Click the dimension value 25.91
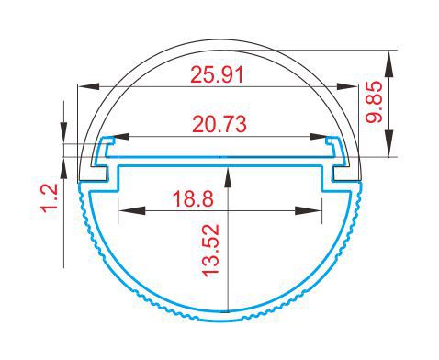coord(217,75)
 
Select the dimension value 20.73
coord(219,124)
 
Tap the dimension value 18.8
coord(193,198)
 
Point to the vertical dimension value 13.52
coord(211,251)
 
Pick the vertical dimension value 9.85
coord(374,102)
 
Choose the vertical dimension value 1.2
coord(50,197)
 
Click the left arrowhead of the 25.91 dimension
coord(89,86)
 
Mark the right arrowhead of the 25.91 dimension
coord(347,86)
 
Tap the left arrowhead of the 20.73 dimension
coord(118,137)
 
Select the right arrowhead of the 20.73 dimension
coord(321,137)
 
